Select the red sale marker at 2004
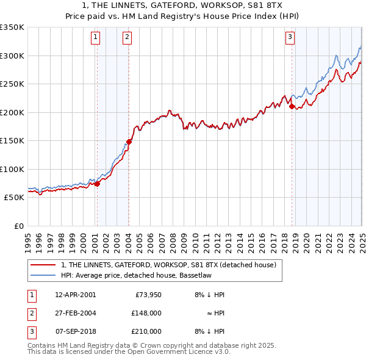(129, 142)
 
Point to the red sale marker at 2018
(292, 107)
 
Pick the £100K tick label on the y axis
(12, 169)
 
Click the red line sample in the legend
(43, 265)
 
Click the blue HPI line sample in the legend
(43, 275)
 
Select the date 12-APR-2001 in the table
(75, 294)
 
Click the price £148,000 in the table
(146, 313)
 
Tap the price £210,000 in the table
(146, 331)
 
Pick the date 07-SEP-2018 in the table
(75, 331)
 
